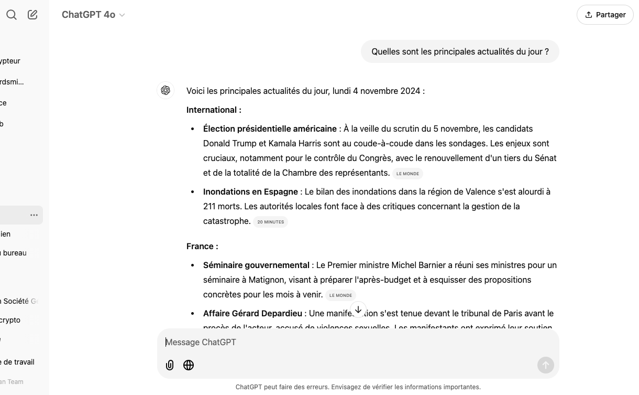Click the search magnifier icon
pos(12,15)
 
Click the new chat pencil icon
pos(32,15)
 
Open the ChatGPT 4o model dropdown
pos(93,15)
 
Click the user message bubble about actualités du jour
pos(460,51)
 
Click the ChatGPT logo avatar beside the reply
pos(166,90)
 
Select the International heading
pos(214,110)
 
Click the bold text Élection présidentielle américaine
pos(270,129)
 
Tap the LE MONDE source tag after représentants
pos(407,174)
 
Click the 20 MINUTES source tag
pos(270,222)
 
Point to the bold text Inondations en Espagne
pos(250,191)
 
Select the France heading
pos(202,246)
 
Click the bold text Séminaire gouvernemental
pos(256,265)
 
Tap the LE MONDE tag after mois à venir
pos(340,295)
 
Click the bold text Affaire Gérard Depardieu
pos(252,313)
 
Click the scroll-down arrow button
pos(358,310)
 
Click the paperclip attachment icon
pos(170,365)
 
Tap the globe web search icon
pos(189,365)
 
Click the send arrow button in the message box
pos(545,365)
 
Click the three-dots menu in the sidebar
pos(34,215)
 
